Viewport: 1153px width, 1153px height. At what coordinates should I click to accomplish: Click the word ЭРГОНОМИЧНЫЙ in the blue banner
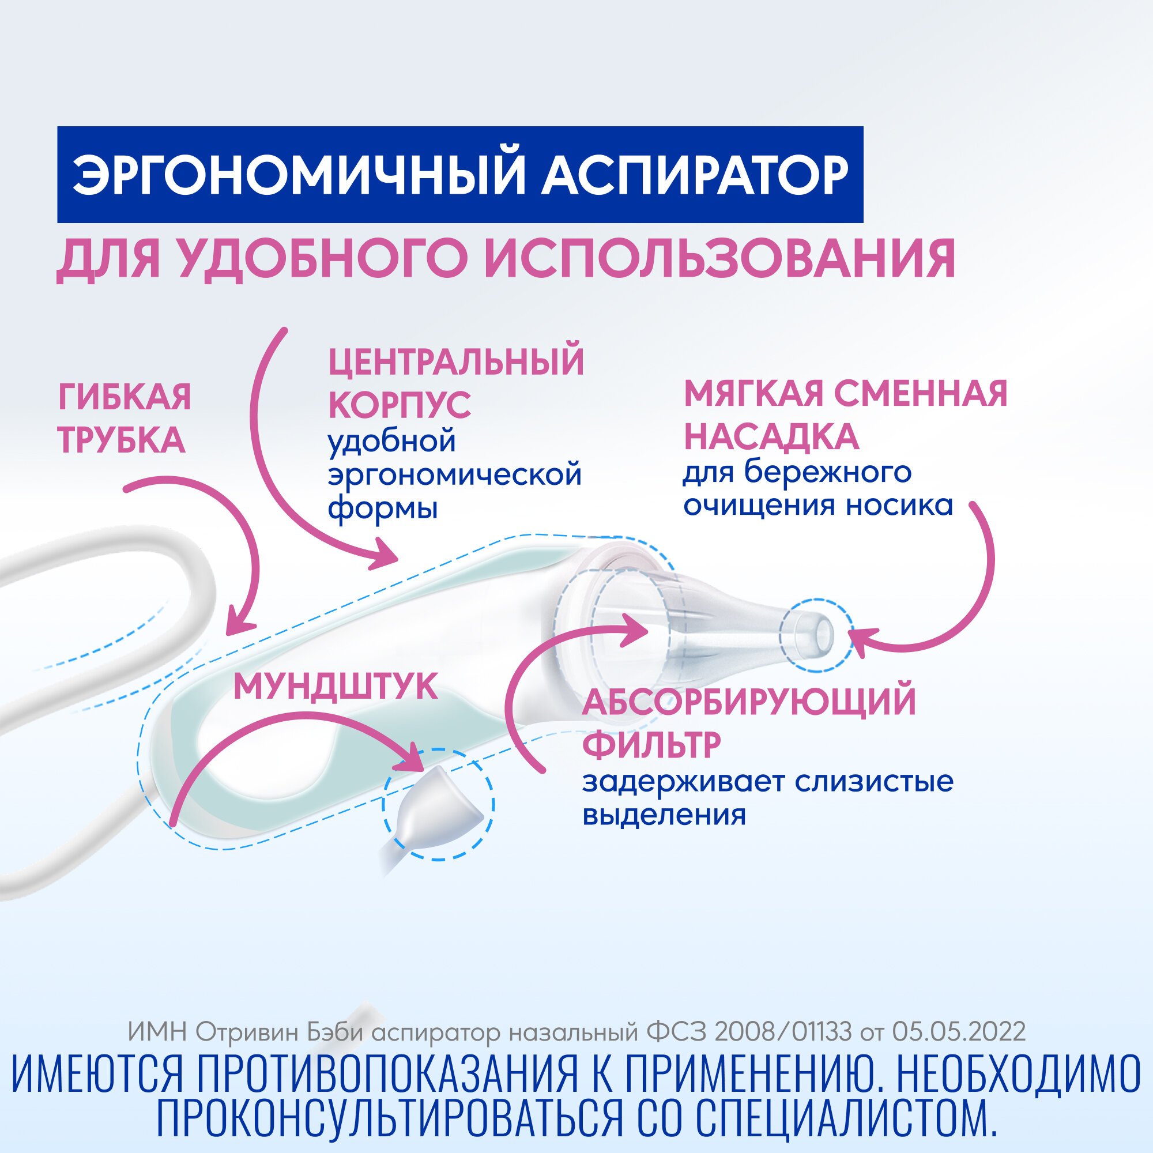coord(298,175)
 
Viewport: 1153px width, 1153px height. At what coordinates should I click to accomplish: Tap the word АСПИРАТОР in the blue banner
coord(694,175)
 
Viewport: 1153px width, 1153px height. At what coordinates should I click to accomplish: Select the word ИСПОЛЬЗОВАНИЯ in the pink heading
coord(719,259)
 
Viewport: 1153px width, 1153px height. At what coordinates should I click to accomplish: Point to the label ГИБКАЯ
coord(125,397)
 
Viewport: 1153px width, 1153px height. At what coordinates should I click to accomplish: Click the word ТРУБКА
coord(121,440)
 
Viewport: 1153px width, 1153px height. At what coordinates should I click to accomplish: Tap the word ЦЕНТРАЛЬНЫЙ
coord(457,361)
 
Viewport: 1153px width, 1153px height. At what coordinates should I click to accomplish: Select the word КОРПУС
coord(400,405)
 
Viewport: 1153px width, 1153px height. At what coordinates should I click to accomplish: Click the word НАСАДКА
coord(771,437)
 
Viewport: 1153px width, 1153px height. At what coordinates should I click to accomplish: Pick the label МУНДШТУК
coord(336,687)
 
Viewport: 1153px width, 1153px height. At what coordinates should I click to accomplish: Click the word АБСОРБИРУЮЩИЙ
coord(749,702)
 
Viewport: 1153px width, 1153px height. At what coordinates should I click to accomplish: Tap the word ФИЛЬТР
coord(651,745)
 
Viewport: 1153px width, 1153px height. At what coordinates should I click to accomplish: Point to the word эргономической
coord(455,475)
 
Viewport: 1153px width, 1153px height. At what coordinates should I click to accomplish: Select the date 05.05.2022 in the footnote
coord(959,1032)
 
